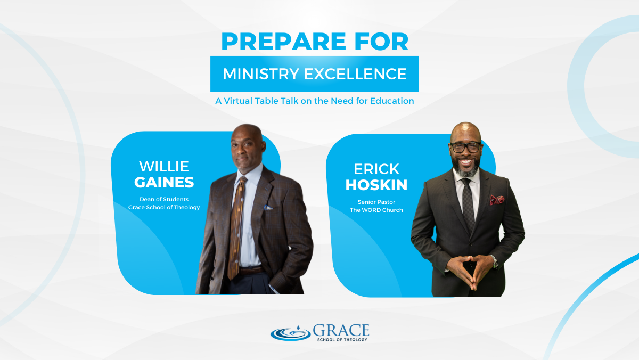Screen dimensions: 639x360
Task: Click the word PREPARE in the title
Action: point(283,42)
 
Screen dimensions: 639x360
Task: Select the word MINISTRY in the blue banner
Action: point(261,74)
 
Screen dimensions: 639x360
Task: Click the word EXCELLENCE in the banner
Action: point(355,74)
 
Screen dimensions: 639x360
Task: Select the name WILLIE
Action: point(164,166)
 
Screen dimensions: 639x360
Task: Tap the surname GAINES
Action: point(164,182)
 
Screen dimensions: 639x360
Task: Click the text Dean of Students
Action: point(164,199)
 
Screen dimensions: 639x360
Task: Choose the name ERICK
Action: point(376,169)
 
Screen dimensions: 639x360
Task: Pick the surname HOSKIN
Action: point(376,185)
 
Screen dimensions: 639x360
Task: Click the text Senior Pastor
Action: point(376,202)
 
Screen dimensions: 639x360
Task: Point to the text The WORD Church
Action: point(376,210)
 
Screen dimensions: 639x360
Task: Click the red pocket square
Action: point(497,200)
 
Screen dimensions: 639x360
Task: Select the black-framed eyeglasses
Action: point(465,147)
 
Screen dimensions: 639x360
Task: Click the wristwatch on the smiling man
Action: point(494,261)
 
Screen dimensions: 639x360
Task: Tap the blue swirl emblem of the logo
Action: point(290,333)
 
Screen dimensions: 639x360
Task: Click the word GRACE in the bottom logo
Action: point(341,331)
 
